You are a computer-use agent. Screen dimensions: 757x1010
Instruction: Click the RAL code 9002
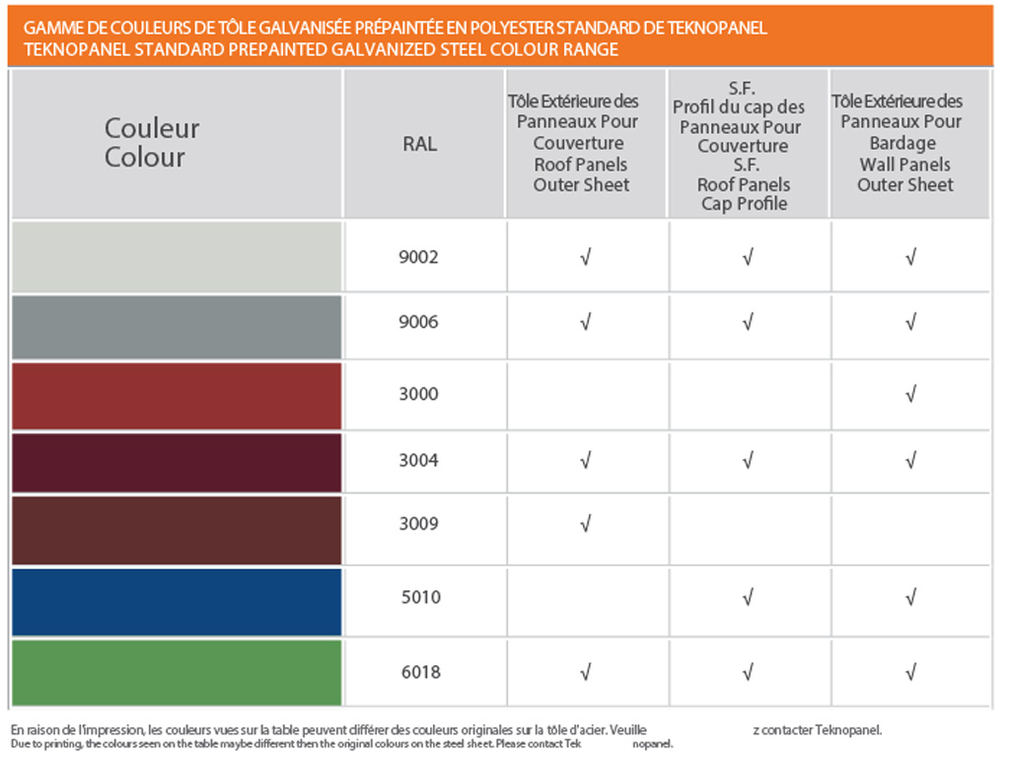click(x=419, y=258)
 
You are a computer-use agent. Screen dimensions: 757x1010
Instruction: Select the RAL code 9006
click(x=419, y=322)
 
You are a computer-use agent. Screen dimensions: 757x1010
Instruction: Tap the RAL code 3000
click(x=419, y=394)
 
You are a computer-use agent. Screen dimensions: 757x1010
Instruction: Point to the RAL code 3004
click(x=419, y=460)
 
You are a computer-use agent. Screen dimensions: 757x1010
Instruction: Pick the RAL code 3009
click(x=419, y=523)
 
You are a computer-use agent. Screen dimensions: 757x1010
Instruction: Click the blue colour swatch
click(x=178, y=601)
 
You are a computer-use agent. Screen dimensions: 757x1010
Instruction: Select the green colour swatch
click(x=178, y=671)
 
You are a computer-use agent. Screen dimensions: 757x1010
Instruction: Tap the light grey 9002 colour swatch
click(x=178, y=256)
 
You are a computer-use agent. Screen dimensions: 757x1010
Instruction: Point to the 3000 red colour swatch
click(x=178, y=395)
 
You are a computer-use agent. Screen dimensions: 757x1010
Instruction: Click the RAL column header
click(x=419, y=144)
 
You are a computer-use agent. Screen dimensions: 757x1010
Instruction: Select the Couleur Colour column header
click(x=152, y=143)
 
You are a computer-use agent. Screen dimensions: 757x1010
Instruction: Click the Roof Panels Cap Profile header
click(x=745, y=144)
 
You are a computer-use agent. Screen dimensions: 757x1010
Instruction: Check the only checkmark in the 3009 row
click(x=585, y=523)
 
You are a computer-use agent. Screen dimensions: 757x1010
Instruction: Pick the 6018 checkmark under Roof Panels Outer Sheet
click(x=585, y=672)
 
